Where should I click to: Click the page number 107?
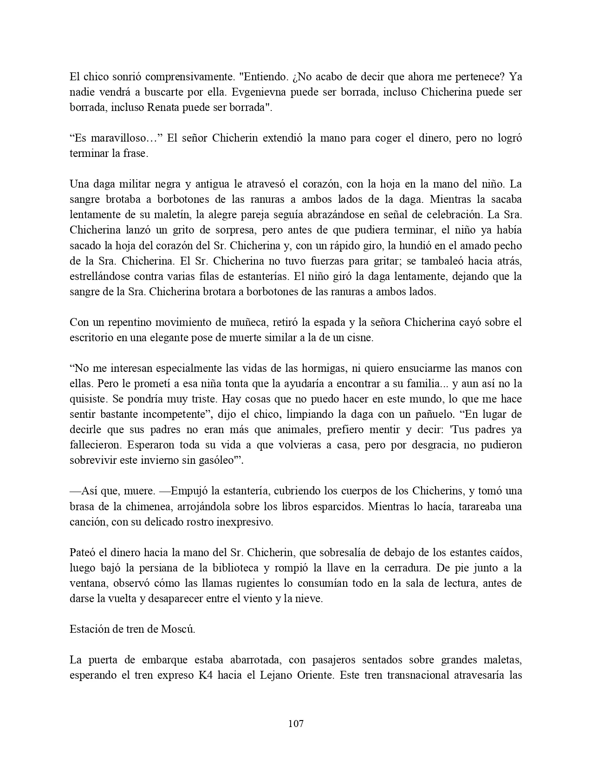(x=296, y=723)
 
